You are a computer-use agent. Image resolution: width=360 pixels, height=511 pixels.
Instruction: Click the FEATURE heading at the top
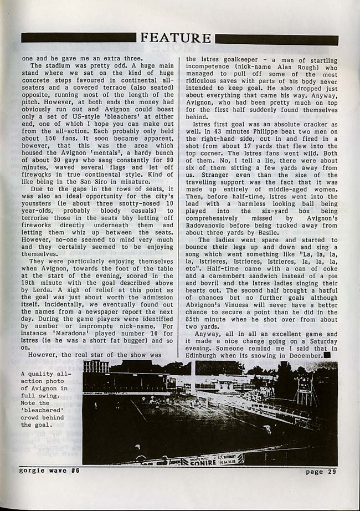(176, 38)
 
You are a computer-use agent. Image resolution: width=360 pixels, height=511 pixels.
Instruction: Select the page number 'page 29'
(321, 472)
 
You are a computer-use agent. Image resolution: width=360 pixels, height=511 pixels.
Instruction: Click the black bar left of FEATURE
(79, 38)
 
